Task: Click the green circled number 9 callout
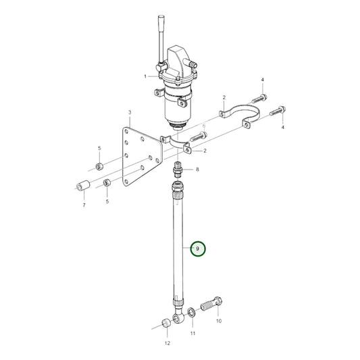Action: click(x=197, y=249)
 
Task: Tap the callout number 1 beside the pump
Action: click(x=144, y=77)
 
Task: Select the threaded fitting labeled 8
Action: click(x=178, y=168)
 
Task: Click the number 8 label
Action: click(x=197, y=170)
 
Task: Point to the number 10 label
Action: click(x=218, y=322)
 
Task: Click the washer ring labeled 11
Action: click(x=192, y=312)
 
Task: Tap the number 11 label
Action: click(x=192, y=334)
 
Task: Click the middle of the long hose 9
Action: click(x=178, y=243)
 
